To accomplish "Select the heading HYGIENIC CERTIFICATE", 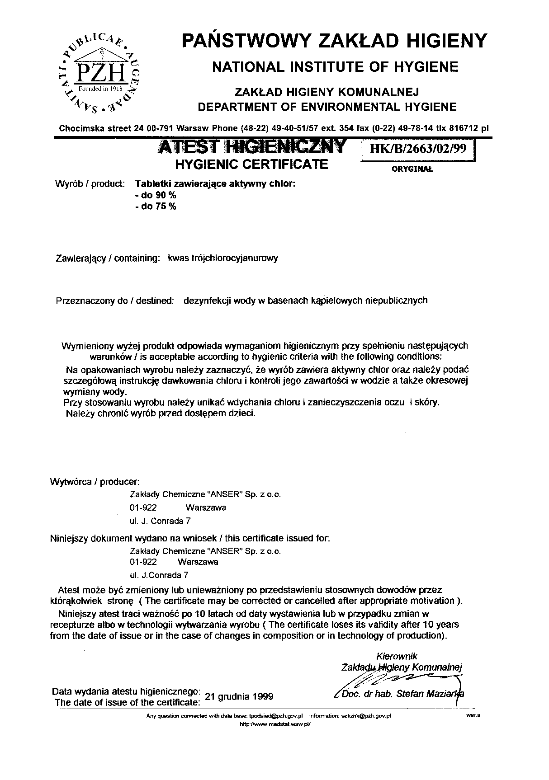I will point(251,164).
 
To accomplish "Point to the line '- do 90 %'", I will point(156,195).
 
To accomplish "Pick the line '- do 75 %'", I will point(156,207).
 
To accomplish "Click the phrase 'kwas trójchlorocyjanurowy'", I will point(222,258).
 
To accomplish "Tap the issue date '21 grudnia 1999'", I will point(239,696).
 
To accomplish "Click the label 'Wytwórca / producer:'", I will point(95,482).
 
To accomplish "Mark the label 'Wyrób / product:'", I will point(90,184).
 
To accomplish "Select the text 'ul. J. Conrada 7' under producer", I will point(160,521).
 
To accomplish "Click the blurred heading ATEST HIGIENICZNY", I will point(251,147).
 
